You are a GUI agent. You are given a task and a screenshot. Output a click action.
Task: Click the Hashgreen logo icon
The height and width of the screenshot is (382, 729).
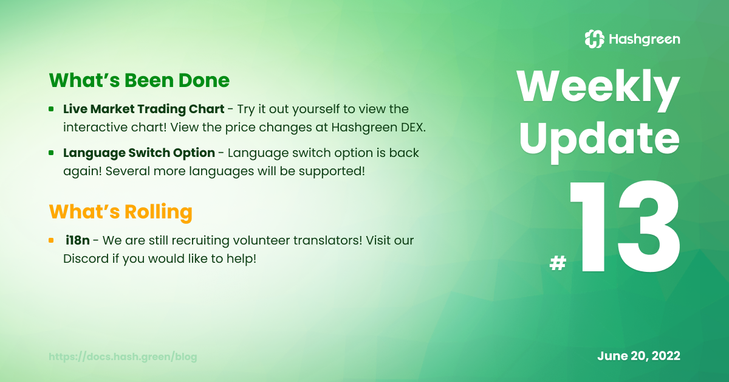pos(595,39)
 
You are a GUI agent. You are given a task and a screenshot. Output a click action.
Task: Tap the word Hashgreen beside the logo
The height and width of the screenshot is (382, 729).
pos(645,40)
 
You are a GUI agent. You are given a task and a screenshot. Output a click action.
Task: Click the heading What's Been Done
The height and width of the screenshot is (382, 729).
pos(139,80)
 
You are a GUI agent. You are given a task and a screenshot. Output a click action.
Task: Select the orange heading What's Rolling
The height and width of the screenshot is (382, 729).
pos(121,212)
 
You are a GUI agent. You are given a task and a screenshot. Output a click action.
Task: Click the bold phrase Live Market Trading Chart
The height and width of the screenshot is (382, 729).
pos(144,109)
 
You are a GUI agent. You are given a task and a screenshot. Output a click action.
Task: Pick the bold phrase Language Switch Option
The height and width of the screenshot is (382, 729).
pos(139,153)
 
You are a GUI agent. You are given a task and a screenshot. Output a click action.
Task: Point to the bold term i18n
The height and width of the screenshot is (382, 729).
pos(78,240)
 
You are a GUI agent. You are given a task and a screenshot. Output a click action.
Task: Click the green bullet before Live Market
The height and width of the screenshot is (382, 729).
pos(51,109)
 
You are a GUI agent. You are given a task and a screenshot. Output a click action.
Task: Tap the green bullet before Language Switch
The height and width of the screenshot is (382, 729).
pos(51,153)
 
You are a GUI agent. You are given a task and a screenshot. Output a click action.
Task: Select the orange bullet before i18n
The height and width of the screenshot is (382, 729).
pos(51,240)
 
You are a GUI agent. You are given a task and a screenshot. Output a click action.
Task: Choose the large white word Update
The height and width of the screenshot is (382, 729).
pos(600,141)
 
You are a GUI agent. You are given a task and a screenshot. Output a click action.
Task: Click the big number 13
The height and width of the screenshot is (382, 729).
pos(625,227)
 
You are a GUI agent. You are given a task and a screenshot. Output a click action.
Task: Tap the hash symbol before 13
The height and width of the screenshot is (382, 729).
pos(558,263)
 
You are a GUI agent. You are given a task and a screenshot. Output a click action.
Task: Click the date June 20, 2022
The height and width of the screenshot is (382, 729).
pos(639,356)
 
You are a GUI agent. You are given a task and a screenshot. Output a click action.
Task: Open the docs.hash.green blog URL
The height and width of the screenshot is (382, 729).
pos(123,357)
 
